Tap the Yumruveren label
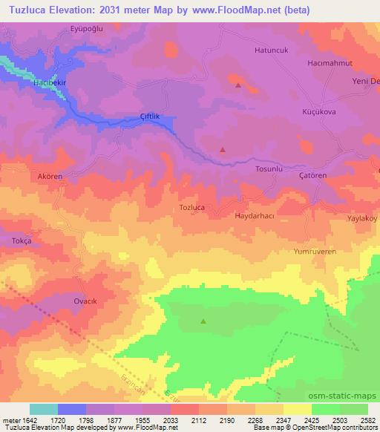pos(315,252)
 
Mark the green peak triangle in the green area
pos(203,321)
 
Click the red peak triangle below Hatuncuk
pos(237,85)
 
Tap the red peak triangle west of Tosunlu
pos(223,149)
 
